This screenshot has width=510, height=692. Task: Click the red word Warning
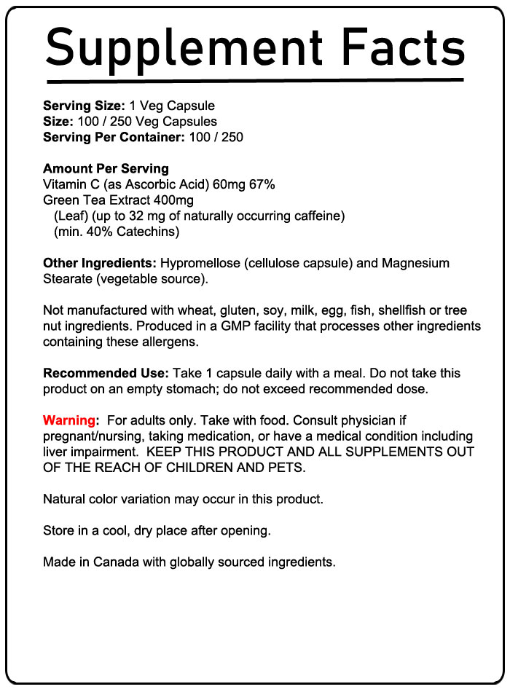(x=69, y=420)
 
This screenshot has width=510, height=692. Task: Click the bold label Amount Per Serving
(x=106, y=169)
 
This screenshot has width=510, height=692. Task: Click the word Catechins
(x=149, y=232)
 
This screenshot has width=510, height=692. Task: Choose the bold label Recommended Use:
(x=106, y=373)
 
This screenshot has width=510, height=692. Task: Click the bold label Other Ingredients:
(x=100, y=263)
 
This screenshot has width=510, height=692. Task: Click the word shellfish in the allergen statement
(x=396, y=310)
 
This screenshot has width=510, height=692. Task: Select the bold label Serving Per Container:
(x=114, y=137)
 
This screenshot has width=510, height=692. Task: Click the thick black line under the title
(x=255, y=79)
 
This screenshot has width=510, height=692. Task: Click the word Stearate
(x=66, y=278)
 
